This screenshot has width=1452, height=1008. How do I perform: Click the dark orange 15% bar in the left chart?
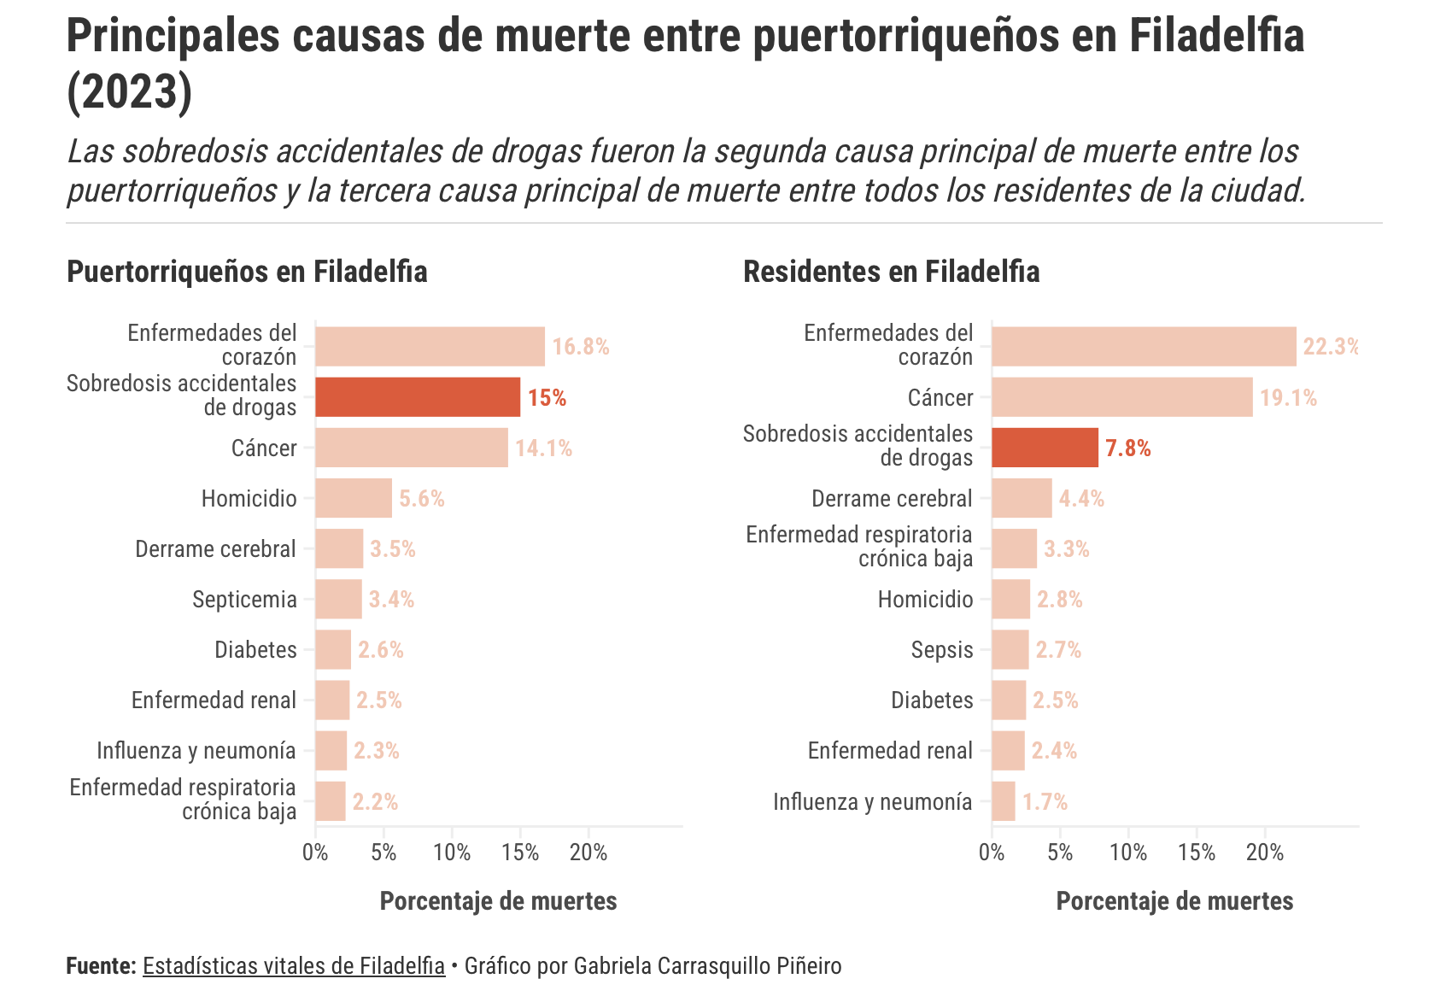pyautogui.click(x=418, y=397)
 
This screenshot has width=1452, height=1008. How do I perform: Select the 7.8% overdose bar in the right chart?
pyautogui.click(x=1045, y=448)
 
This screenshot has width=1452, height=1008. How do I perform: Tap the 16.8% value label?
pyautogui.click(x=581, y=347)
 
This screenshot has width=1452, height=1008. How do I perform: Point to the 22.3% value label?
pyautogui.click(x=1329, y=347)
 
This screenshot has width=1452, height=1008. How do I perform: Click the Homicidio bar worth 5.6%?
pyautogui.click(x=354, y=498)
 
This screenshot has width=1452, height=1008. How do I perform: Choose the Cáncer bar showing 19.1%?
pyautogui.click(x=1121, y=397)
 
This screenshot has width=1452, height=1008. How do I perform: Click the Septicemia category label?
pyautogui.click(x=244, y=600)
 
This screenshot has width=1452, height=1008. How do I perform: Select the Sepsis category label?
pyautogui.click(x=942, y=650)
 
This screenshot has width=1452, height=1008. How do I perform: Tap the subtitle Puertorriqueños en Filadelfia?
pyautogui.click(x=247, y=272)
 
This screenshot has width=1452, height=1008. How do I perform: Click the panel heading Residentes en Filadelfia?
pyautogui.click(x=892, y=272)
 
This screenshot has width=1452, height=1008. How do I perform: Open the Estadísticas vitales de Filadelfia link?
pyautogui.click(x=294, y=966)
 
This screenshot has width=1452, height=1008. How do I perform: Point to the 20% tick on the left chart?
pyautogui.click(x=588, y=853)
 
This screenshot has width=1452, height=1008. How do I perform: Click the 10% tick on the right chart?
pyautogui.click(x=1128, y=853)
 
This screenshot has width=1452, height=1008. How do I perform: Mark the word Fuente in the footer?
pyautogui.click(x=101, y=966)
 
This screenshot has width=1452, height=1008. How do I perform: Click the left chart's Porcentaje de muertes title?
pyautogui.click(x=498, y=901)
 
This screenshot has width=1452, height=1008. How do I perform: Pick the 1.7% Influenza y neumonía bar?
pyautogui.click(x=1004, y=801)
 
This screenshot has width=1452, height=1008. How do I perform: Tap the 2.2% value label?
pyautogui.click(x=375, y=802)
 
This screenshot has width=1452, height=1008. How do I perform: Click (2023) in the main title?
pyautogui.click(x=130, y=92)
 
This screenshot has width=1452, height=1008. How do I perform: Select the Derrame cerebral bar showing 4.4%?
pyautogui.click(x=1022, y=498)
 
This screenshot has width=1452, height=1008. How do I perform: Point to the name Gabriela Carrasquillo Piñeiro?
pyautogui.click(x=707, y=966)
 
